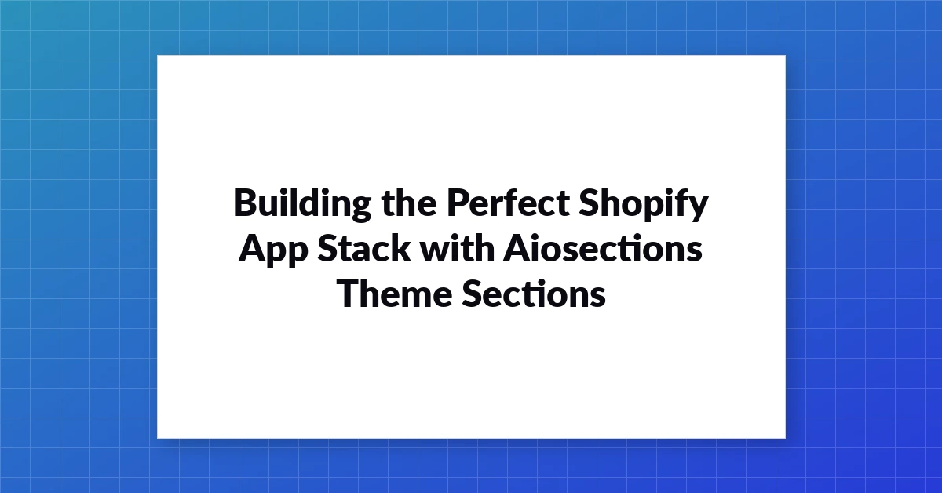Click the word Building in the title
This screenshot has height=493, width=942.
pos(302,204)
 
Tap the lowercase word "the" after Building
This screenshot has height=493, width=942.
pos(409,202)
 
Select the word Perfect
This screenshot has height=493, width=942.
pos(508,202)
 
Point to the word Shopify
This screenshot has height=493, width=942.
pos(644,204)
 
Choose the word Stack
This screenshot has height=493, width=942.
pos(364,248)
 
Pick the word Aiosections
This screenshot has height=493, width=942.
pos(603,248)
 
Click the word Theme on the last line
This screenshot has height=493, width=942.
pos(394,293)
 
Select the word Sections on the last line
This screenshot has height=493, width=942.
pos(534,293)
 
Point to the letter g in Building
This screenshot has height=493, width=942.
pos(357,207)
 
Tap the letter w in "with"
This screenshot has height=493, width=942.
pos(436,251)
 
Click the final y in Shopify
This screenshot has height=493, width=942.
pos(696,207)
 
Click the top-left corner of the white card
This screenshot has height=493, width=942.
pos(157,55)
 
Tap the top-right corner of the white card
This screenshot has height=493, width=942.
pos(786,55)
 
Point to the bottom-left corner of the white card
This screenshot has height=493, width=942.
pos(157,439)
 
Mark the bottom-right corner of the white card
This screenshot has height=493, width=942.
pos(786,439)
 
